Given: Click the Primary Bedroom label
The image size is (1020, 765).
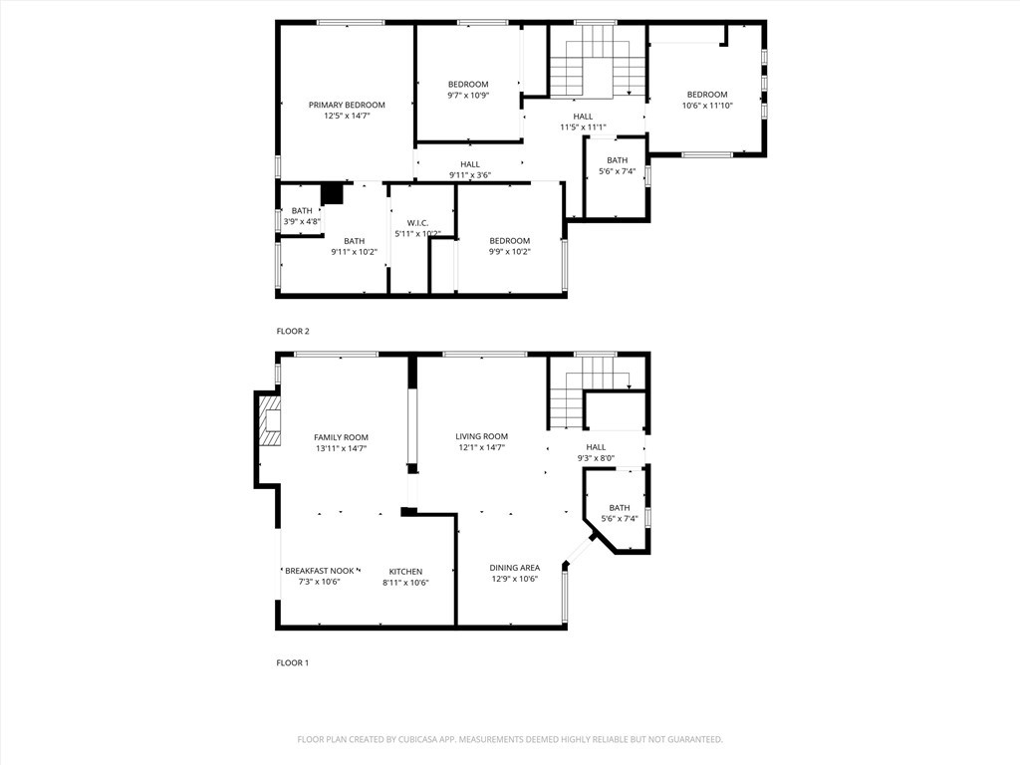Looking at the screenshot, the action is point(347,105).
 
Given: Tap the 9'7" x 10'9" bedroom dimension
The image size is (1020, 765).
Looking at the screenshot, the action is point(468,95).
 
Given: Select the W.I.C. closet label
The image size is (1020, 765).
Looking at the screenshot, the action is point(417,223).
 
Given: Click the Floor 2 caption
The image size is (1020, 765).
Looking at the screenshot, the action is point(293,331).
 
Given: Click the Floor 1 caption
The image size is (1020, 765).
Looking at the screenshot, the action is point(293,662).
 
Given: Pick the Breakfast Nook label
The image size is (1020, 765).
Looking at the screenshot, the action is point(320,571).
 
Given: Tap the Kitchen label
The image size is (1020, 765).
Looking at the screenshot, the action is point(406,572).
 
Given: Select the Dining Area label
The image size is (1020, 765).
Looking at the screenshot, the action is point(515,568).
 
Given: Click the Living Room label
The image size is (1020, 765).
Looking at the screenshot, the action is point(482,436).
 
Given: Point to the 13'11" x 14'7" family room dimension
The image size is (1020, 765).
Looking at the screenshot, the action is point(342,448).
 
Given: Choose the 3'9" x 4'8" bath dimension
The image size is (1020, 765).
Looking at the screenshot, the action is point(302,221).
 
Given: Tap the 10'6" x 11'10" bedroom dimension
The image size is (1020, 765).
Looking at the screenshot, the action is point(708,106).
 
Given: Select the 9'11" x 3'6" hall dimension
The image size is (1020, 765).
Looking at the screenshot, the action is point(470,175).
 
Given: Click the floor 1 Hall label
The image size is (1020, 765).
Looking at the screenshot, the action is point(596,447).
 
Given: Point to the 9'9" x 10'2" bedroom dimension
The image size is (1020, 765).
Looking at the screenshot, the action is point(510,252).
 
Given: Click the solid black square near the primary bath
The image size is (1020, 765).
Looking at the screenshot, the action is point(333,194).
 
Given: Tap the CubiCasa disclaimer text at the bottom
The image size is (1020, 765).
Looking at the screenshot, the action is point(510,740).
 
